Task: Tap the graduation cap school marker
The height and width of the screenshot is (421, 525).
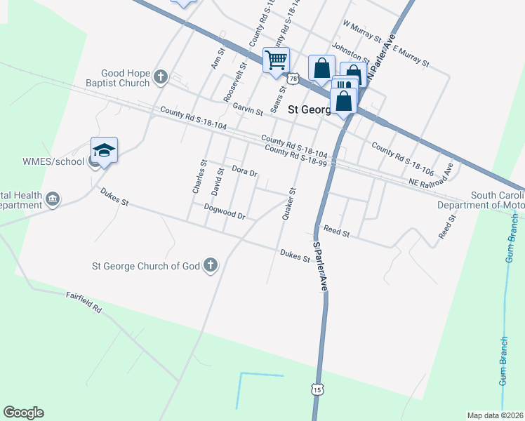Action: point(104,150)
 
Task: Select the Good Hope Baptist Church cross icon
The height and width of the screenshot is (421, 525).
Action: point(161,77)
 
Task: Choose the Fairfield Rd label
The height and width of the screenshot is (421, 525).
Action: point(84,302)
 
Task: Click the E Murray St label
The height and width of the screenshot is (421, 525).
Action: point(411,56)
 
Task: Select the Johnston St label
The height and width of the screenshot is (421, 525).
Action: point(350,51)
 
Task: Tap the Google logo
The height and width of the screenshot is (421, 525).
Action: point(23,413)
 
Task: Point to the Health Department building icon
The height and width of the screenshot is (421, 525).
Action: point(53,201)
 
